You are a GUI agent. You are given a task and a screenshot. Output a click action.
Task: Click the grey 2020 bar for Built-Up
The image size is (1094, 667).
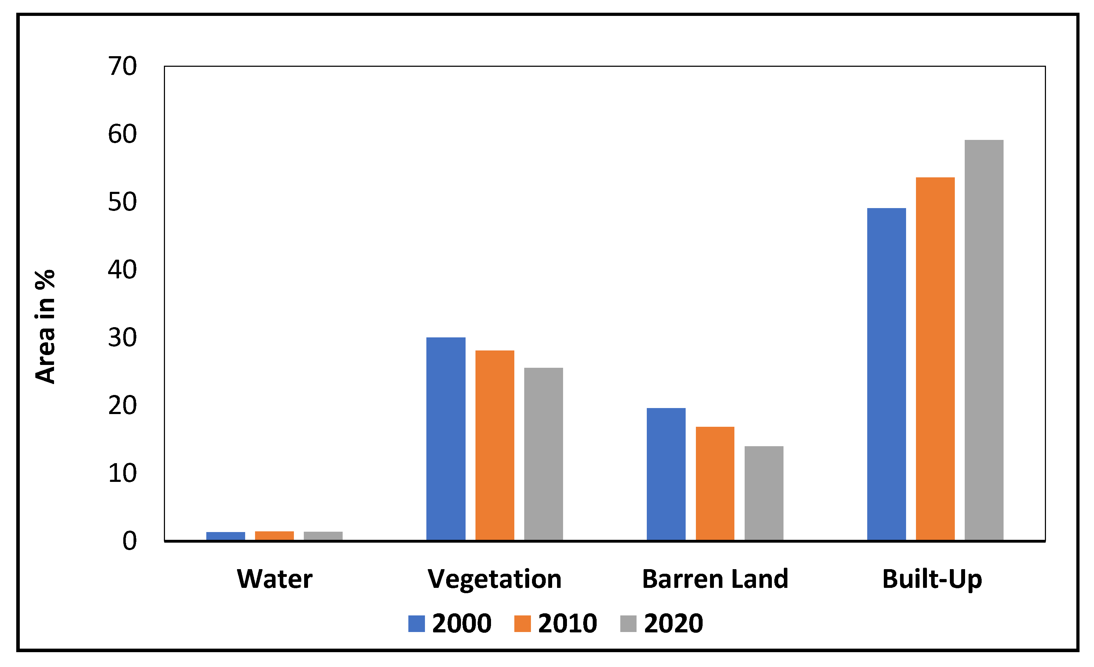pos(984,340)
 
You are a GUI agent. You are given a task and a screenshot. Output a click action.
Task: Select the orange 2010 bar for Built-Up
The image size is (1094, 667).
pos(935,359)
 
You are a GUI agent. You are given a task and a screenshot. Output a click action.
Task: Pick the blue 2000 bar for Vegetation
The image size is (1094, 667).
pos(446,439)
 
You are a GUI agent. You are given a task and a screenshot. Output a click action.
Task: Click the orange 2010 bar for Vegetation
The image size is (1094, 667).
pos(495,445)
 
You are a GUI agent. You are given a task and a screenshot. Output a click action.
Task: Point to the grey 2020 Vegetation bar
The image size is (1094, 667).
pos(543,454)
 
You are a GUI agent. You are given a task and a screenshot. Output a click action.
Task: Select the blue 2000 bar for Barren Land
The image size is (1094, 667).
pos(666,474)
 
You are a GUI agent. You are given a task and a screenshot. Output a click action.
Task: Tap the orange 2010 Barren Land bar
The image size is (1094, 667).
pos(715,483)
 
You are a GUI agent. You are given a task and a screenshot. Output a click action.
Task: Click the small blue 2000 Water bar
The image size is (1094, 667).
pos(226,536)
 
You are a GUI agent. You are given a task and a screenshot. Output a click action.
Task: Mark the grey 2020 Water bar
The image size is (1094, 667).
pos(323,536)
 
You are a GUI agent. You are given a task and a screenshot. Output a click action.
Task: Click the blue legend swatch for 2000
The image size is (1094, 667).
pos(416,624)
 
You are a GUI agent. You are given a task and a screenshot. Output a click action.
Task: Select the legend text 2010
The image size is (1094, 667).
pos(567,624)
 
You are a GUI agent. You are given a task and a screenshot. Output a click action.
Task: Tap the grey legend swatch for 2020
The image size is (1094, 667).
pos(628,624)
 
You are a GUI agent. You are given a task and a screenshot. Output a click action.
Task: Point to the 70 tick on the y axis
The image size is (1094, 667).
pos(123,67)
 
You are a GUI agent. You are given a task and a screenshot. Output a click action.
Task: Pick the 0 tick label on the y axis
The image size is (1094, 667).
pos(130,541)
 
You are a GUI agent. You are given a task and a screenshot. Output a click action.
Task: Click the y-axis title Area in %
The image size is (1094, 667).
pos(45,327)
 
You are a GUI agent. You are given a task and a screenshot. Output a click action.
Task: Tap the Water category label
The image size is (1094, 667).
pos(274,579)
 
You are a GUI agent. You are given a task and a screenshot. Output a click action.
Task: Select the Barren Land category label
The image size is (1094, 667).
pos(715,579)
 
